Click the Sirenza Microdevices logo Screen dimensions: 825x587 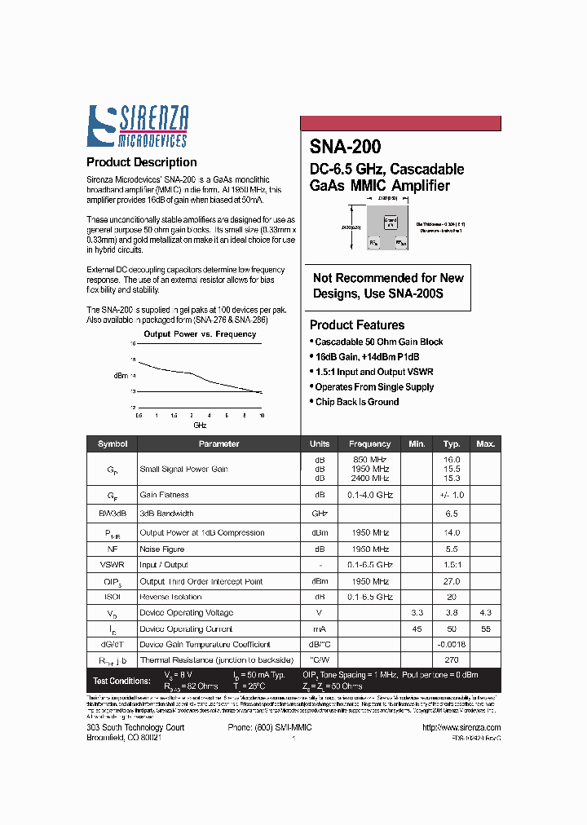[138, 127]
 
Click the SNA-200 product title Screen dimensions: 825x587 [345, 147]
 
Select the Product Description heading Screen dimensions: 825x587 [141, 162]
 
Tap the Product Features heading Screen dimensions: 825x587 [357, 325]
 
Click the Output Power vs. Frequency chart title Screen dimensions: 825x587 [200, 334]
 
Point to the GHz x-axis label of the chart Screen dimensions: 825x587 [200, 426]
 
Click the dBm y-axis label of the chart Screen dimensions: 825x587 [121, 376]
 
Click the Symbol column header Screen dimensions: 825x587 [113, 444]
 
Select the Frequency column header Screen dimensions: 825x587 [369, 444]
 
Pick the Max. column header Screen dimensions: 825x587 [486, 444]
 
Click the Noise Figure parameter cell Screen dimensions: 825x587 [162, 549]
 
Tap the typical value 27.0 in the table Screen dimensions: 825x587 [451, 581]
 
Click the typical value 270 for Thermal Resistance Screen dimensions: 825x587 [451, 660]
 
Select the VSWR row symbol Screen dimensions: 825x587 [113, 565]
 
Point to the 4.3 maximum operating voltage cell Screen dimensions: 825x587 [486, 612]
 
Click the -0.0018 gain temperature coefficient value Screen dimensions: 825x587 [451, 644]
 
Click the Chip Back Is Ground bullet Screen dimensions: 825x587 [357, 402]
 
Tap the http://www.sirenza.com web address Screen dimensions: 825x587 [462, 727]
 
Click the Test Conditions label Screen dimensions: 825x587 [121, 681]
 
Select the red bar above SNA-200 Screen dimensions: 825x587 [400, 124]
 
